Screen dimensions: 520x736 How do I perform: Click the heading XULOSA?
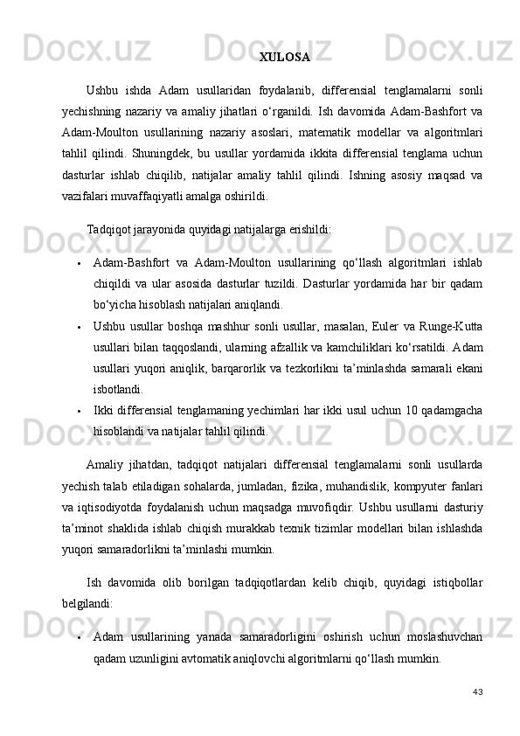[x=284, y=58]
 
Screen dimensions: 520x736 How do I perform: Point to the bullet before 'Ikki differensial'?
[x=78, y=412]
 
